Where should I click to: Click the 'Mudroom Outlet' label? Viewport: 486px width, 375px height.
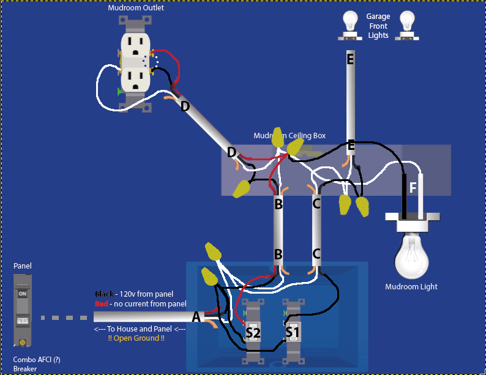point(136,8)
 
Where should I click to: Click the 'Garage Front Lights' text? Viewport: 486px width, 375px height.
point(378,26)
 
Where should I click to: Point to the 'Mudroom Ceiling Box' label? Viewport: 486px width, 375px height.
point(290,135)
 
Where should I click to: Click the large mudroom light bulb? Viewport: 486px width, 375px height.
point(411,254)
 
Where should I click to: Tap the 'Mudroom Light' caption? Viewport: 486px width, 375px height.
point(411,286)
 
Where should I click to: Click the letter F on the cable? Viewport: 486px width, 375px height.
point(413,188)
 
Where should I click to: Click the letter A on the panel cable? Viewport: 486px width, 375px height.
point(196,317)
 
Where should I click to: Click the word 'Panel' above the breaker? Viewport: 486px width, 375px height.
point(22,266)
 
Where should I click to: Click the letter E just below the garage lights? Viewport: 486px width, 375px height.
point(350,59)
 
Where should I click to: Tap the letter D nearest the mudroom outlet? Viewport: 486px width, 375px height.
point(185,106)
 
